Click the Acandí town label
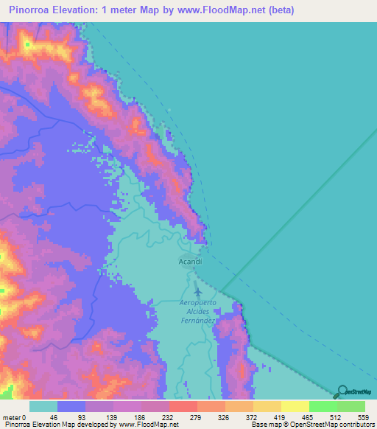tap(190, 262)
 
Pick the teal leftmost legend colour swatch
tap(43, 406)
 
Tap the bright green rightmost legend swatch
tap(351, 406)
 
